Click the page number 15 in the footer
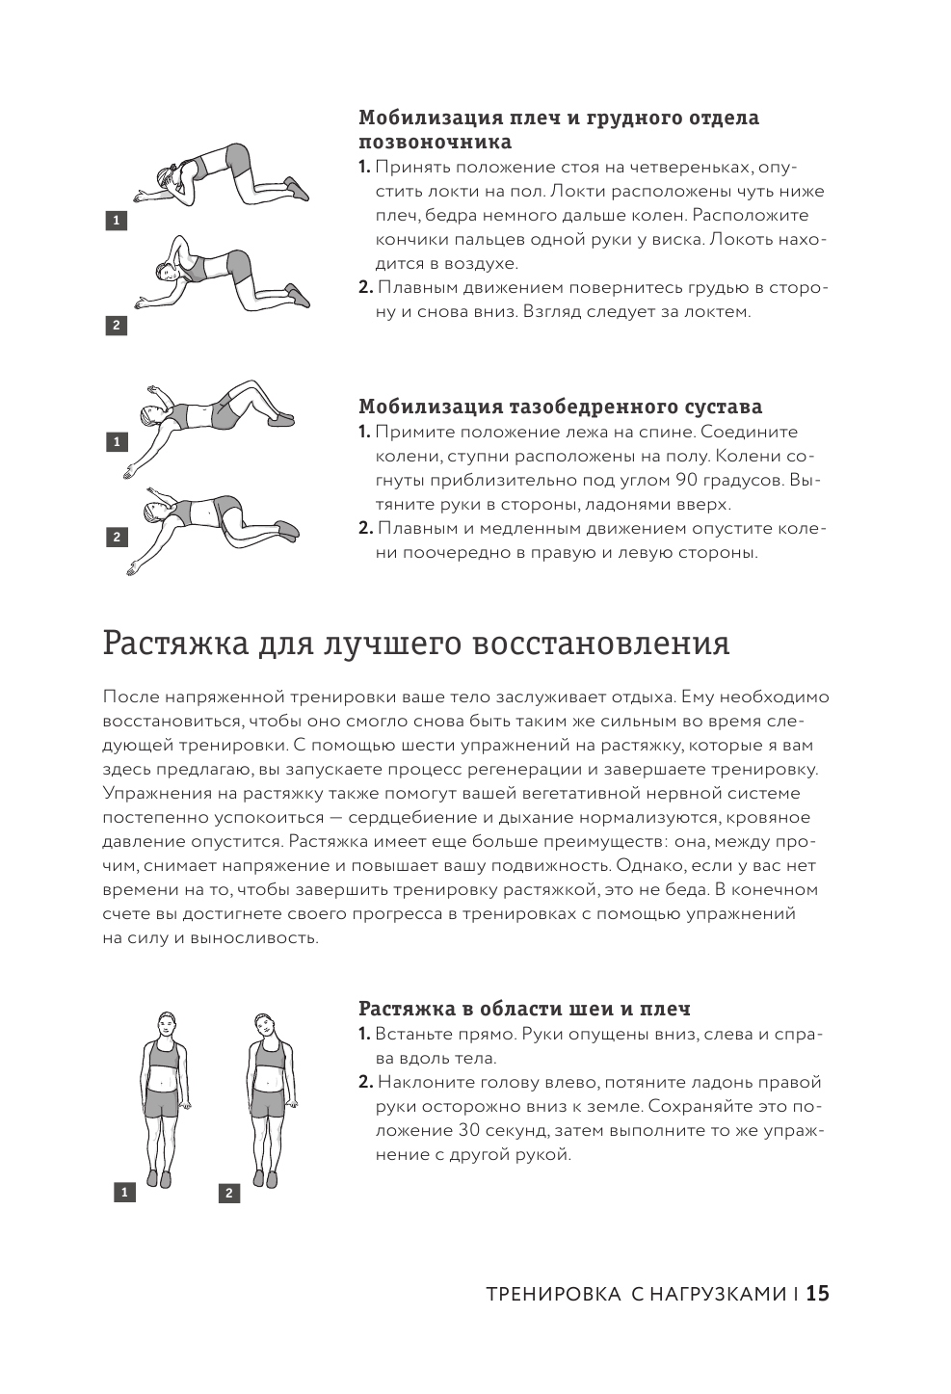(817, 1294)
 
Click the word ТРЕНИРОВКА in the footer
(553, 1295)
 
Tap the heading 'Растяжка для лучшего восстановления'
(415, 643)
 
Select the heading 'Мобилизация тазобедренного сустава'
(560, 407)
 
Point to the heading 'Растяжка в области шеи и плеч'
(524, 1009)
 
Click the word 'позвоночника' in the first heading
(435, 142)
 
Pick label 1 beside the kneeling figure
(117, 221)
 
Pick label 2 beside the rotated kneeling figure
(117, 326)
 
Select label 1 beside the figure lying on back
(117, 442)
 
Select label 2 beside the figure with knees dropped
(117, 537)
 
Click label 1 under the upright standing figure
(124, 1193)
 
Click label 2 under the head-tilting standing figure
(228, 1194)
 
